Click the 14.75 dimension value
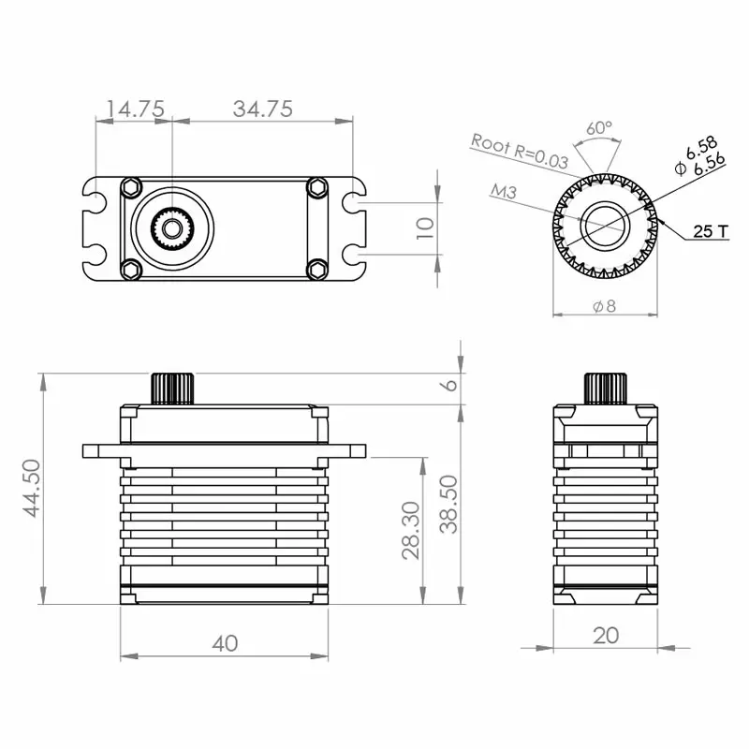click(x=137, y=109)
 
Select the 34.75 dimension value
click(x=263, y=109)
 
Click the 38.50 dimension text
click(x=448, y=504)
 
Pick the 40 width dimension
click(x=225, y=643)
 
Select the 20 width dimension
click(x=607, y=636)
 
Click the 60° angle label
click(x=599, y=127)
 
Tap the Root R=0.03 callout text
click(x=520, y=150)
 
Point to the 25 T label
click(x=711, y=231)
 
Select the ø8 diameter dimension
click(x=605, y=306)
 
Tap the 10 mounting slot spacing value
click(x=424, y=228)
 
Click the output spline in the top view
click(x=171, y=228)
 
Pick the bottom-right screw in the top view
click(x=317, y=270)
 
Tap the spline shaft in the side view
click(x=606, y=388)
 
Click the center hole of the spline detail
click(x=605, y=227)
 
